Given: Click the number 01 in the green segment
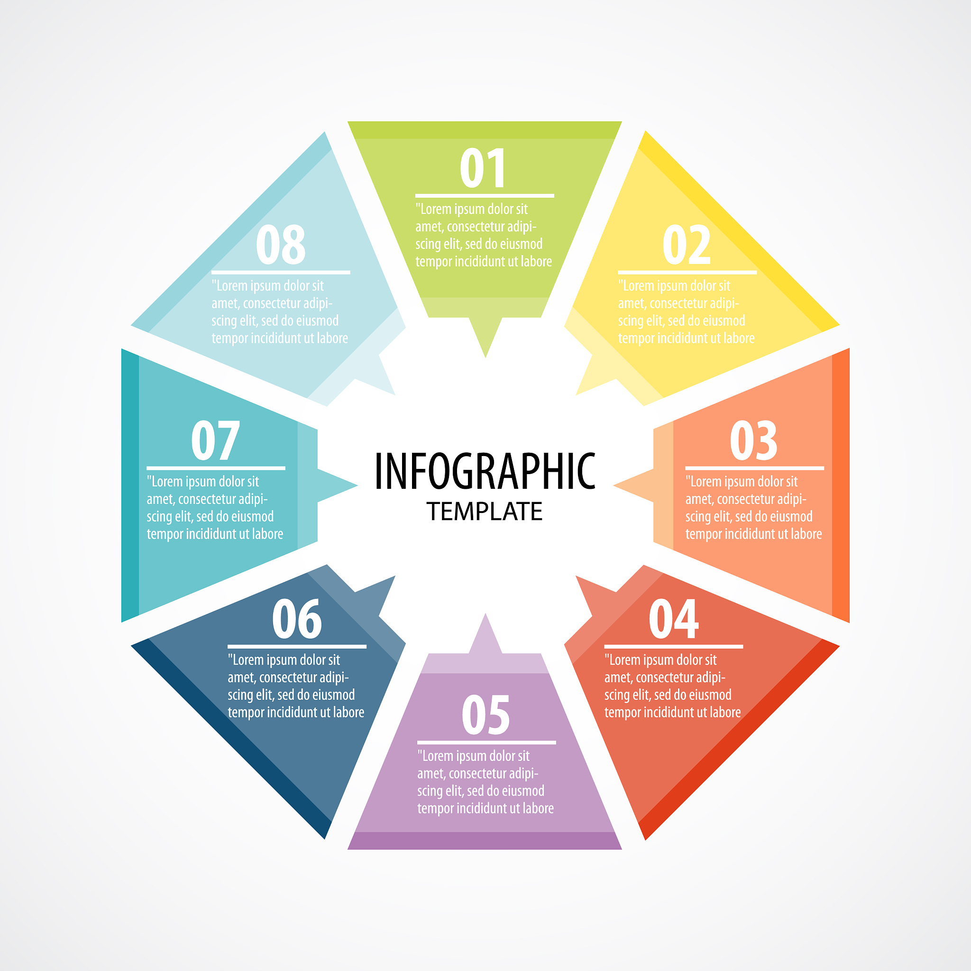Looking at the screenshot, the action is tap(483, 168).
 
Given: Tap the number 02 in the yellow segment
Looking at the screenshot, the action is tap(687, 245).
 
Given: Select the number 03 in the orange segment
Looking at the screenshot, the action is tap(754, 441).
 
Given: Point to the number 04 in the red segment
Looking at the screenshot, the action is tap(673, 619).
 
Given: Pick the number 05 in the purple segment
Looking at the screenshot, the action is tap(486, 715).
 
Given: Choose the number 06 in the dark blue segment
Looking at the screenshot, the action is tap(297, 619).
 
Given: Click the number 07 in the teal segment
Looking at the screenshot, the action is tap(215, 441).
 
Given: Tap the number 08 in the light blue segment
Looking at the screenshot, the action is tap(281, 245).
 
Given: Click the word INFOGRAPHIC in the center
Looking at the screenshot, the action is tap(485, 471).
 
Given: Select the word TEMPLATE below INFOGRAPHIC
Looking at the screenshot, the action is tap(485, 512).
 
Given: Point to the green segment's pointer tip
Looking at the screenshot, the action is tap(485, 357).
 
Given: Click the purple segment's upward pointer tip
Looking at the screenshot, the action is tap(485, 614).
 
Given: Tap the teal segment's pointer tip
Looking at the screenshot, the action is tap(357, 485).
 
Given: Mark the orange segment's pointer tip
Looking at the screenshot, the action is tap(614, 485).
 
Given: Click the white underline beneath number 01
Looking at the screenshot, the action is tap(485, 195).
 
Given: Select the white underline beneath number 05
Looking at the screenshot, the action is tap(486, 742).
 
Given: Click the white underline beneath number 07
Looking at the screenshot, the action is tap(216, 468).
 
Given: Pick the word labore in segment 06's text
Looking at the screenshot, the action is tap(349, 712).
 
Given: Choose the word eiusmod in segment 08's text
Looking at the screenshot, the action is tap(319, 321).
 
